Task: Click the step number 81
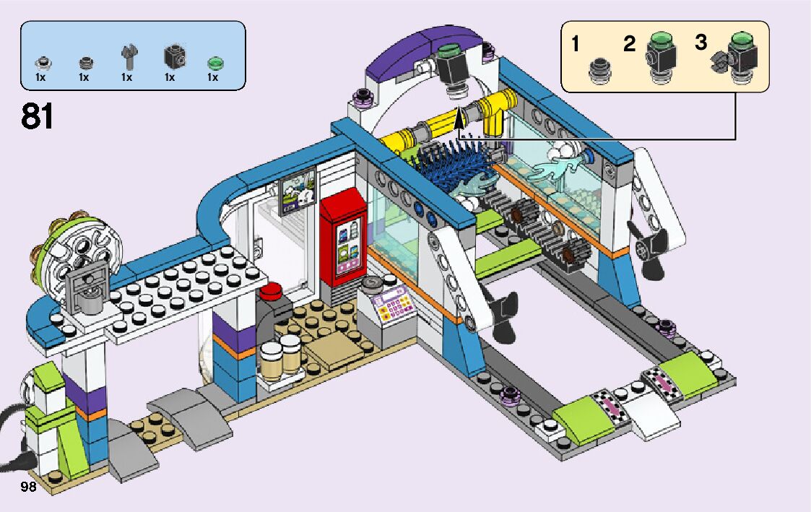click(38, 116)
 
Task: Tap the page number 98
click(29, 486)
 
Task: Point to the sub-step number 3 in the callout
click(701, 42)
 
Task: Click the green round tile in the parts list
click(213, 61)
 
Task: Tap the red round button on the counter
click(271, 290)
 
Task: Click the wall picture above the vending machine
click(298, 191)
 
